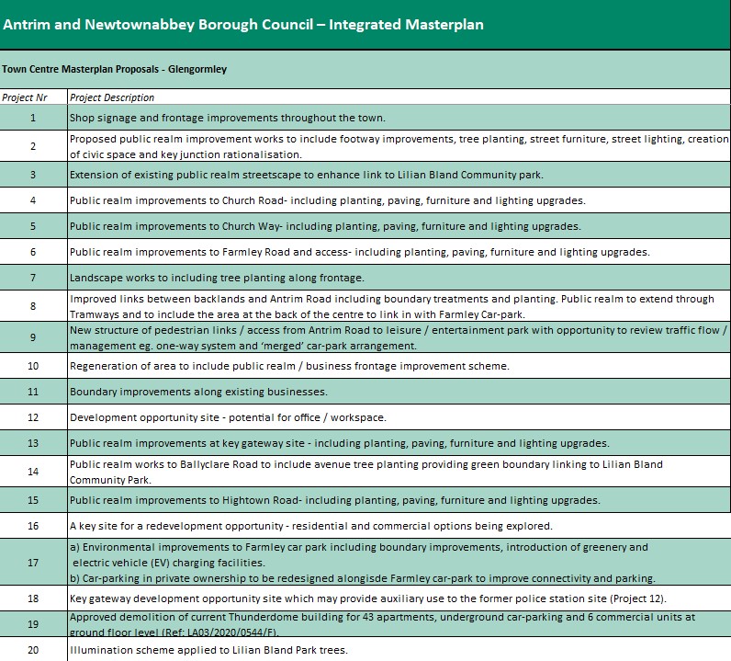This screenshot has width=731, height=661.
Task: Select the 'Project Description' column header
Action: click(x=112, y=97)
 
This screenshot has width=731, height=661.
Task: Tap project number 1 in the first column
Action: click(x=33, y=118)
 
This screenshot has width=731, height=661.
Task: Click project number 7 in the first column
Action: click(x=33, y=278)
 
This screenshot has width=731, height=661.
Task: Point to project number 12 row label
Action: click(x=33, y=417)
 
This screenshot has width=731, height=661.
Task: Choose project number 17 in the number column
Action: click(x=33, y=563)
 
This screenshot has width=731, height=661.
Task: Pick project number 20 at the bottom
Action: click(x=33, y=651)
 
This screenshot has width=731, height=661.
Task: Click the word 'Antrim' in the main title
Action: click(x=27, y=25)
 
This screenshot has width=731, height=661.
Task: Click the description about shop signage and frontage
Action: click(x=227, y=118)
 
